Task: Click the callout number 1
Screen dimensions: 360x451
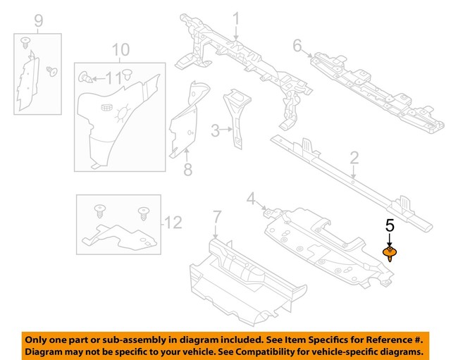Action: tap(236, 18)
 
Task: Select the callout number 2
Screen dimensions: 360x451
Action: tap(354, 157)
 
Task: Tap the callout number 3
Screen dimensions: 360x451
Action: tap(216, 130)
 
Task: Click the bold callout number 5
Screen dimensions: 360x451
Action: tap(389, 226)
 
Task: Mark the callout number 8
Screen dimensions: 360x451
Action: tap(187, 169)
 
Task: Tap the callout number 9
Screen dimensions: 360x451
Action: tap(38, 21)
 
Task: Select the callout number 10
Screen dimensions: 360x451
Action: tap(121, 49)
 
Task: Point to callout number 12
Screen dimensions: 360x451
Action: tap(173, 223)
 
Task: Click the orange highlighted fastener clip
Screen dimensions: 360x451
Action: tap(389, 253)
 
